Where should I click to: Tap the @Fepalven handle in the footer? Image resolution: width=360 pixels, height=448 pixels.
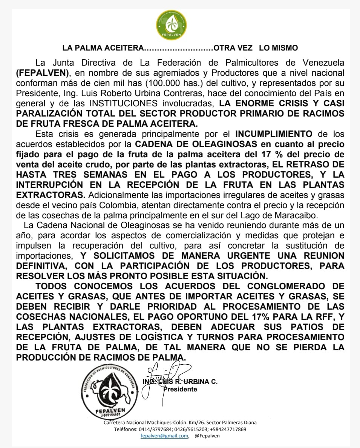[207, 436]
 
